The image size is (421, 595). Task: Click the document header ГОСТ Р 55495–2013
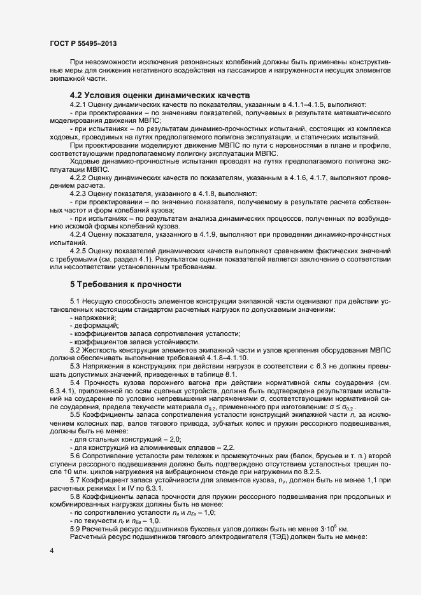pyautogui.click(x=83, y=44)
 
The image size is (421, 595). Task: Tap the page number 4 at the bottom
pyautogui.click(x=51, y=549)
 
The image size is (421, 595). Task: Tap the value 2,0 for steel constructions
pyautogui.click(x=175, y=439)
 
